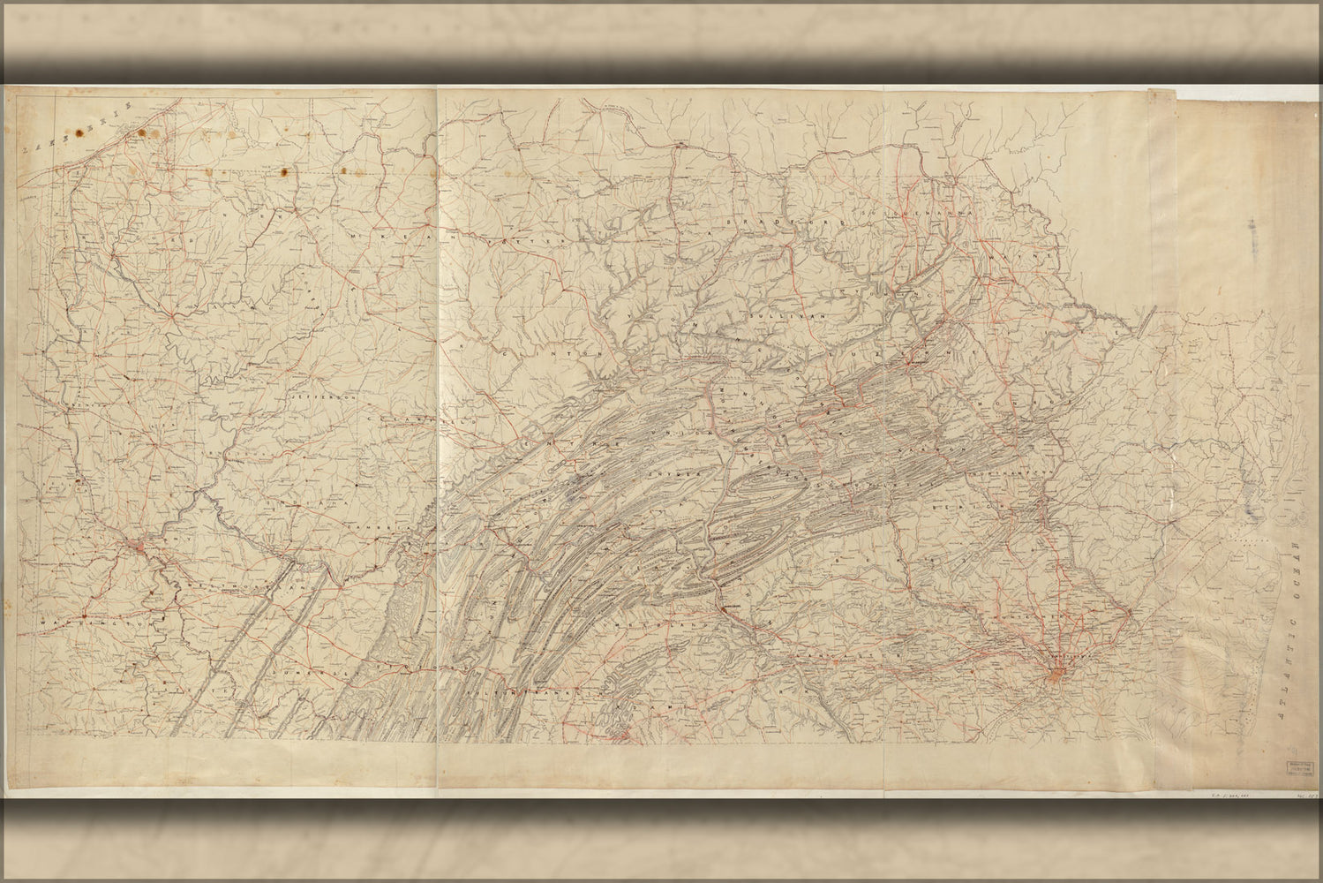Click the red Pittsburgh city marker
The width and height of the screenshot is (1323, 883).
click(141, 549)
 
